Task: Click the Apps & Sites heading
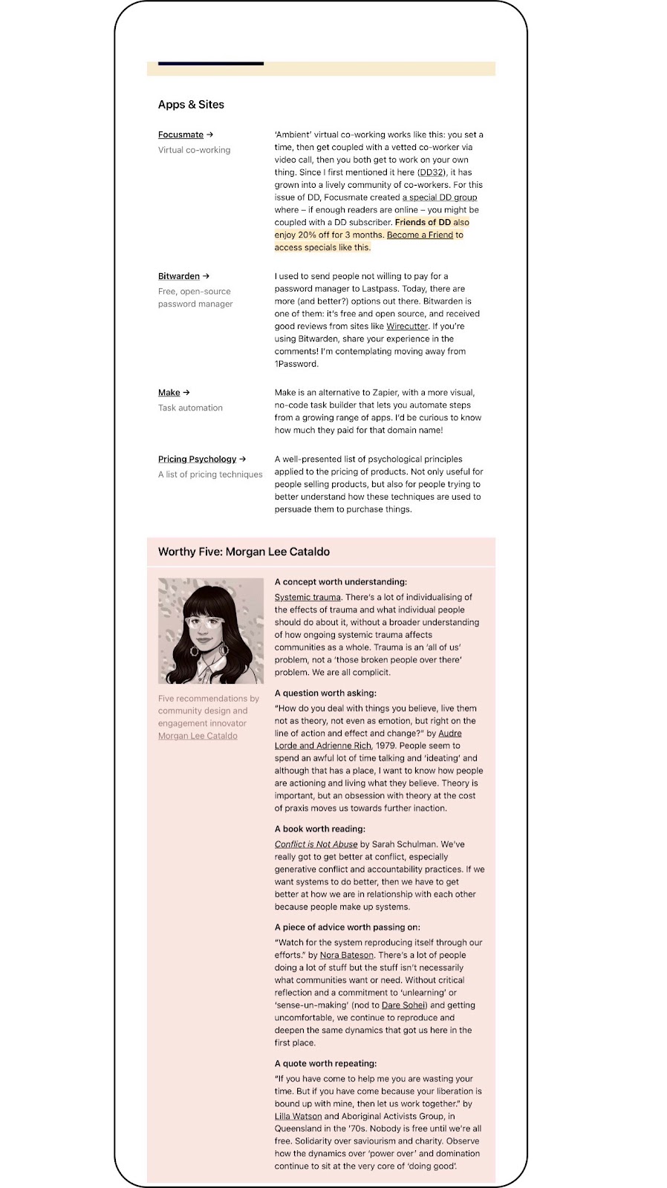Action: coord(191,105)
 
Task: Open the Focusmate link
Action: coord(180,134)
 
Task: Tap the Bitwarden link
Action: coord(179,276)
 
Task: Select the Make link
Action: coord(169,393)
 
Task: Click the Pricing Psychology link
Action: coord(197,460)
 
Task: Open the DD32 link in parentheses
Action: coord(432,172)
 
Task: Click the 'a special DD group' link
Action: coord(440,198)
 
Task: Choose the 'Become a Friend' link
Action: coord(420,235)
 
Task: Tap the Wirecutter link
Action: coord(407,326)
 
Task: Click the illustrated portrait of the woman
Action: coord(211,631)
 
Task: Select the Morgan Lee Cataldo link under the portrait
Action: coord(198,736)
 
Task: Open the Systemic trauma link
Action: coord(308,598)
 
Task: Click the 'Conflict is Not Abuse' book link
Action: coord(316,844)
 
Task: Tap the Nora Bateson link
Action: coord(347,956)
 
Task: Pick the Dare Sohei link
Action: coord(404,1005)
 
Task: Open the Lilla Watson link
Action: coord(298,1117)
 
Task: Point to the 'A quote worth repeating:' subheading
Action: coord(325,1063)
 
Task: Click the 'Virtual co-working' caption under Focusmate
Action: coord(194,150)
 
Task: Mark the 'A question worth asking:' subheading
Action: coord(325,693)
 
